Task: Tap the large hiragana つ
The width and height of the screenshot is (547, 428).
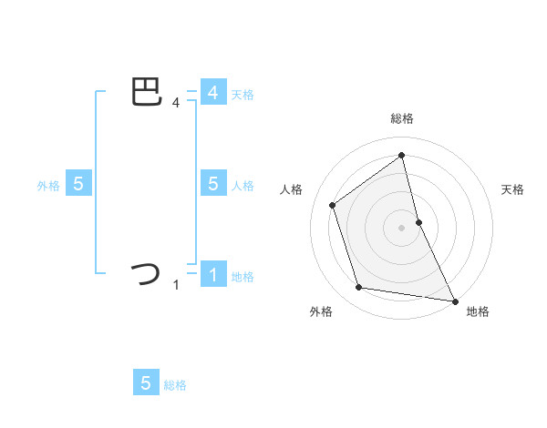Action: tap(147, 273)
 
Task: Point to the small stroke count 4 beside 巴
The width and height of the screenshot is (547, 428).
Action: tap(176, 103)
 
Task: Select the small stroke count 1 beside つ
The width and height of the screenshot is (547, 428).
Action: tap(176, 285)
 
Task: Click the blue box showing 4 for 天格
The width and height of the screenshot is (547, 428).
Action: tap(212, 93)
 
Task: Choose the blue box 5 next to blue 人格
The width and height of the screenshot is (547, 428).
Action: tap(212, 184)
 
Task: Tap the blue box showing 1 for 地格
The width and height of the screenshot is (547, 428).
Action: tap(212, 274)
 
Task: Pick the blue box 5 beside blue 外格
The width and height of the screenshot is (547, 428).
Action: tap(78, 184)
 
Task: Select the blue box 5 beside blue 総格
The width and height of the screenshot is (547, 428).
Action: tap(146, 383)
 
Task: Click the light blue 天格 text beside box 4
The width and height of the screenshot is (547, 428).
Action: tap(243, 95)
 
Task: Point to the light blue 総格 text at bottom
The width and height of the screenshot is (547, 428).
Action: tap(175, 385)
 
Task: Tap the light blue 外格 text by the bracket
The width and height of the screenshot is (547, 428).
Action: tap(48, 186)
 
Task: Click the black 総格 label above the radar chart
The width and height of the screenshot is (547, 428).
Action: tap(402, 118)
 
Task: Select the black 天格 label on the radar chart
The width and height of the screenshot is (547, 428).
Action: tap(513, 189)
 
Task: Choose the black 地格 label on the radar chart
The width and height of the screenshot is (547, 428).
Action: tap(478, 312)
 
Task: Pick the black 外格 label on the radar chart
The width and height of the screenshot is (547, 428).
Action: tap(321, 312)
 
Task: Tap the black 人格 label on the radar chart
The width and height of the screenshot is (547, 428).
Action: tap(292, 189)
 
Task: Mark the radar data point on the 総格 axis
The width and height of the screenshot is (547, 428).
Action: tap(402, 155)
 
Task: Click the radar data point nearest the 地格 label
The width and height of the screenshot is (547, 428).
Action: tap(454, 301)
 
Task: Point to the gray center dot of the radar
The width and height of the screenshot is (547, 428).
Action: tap(402, 227)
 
